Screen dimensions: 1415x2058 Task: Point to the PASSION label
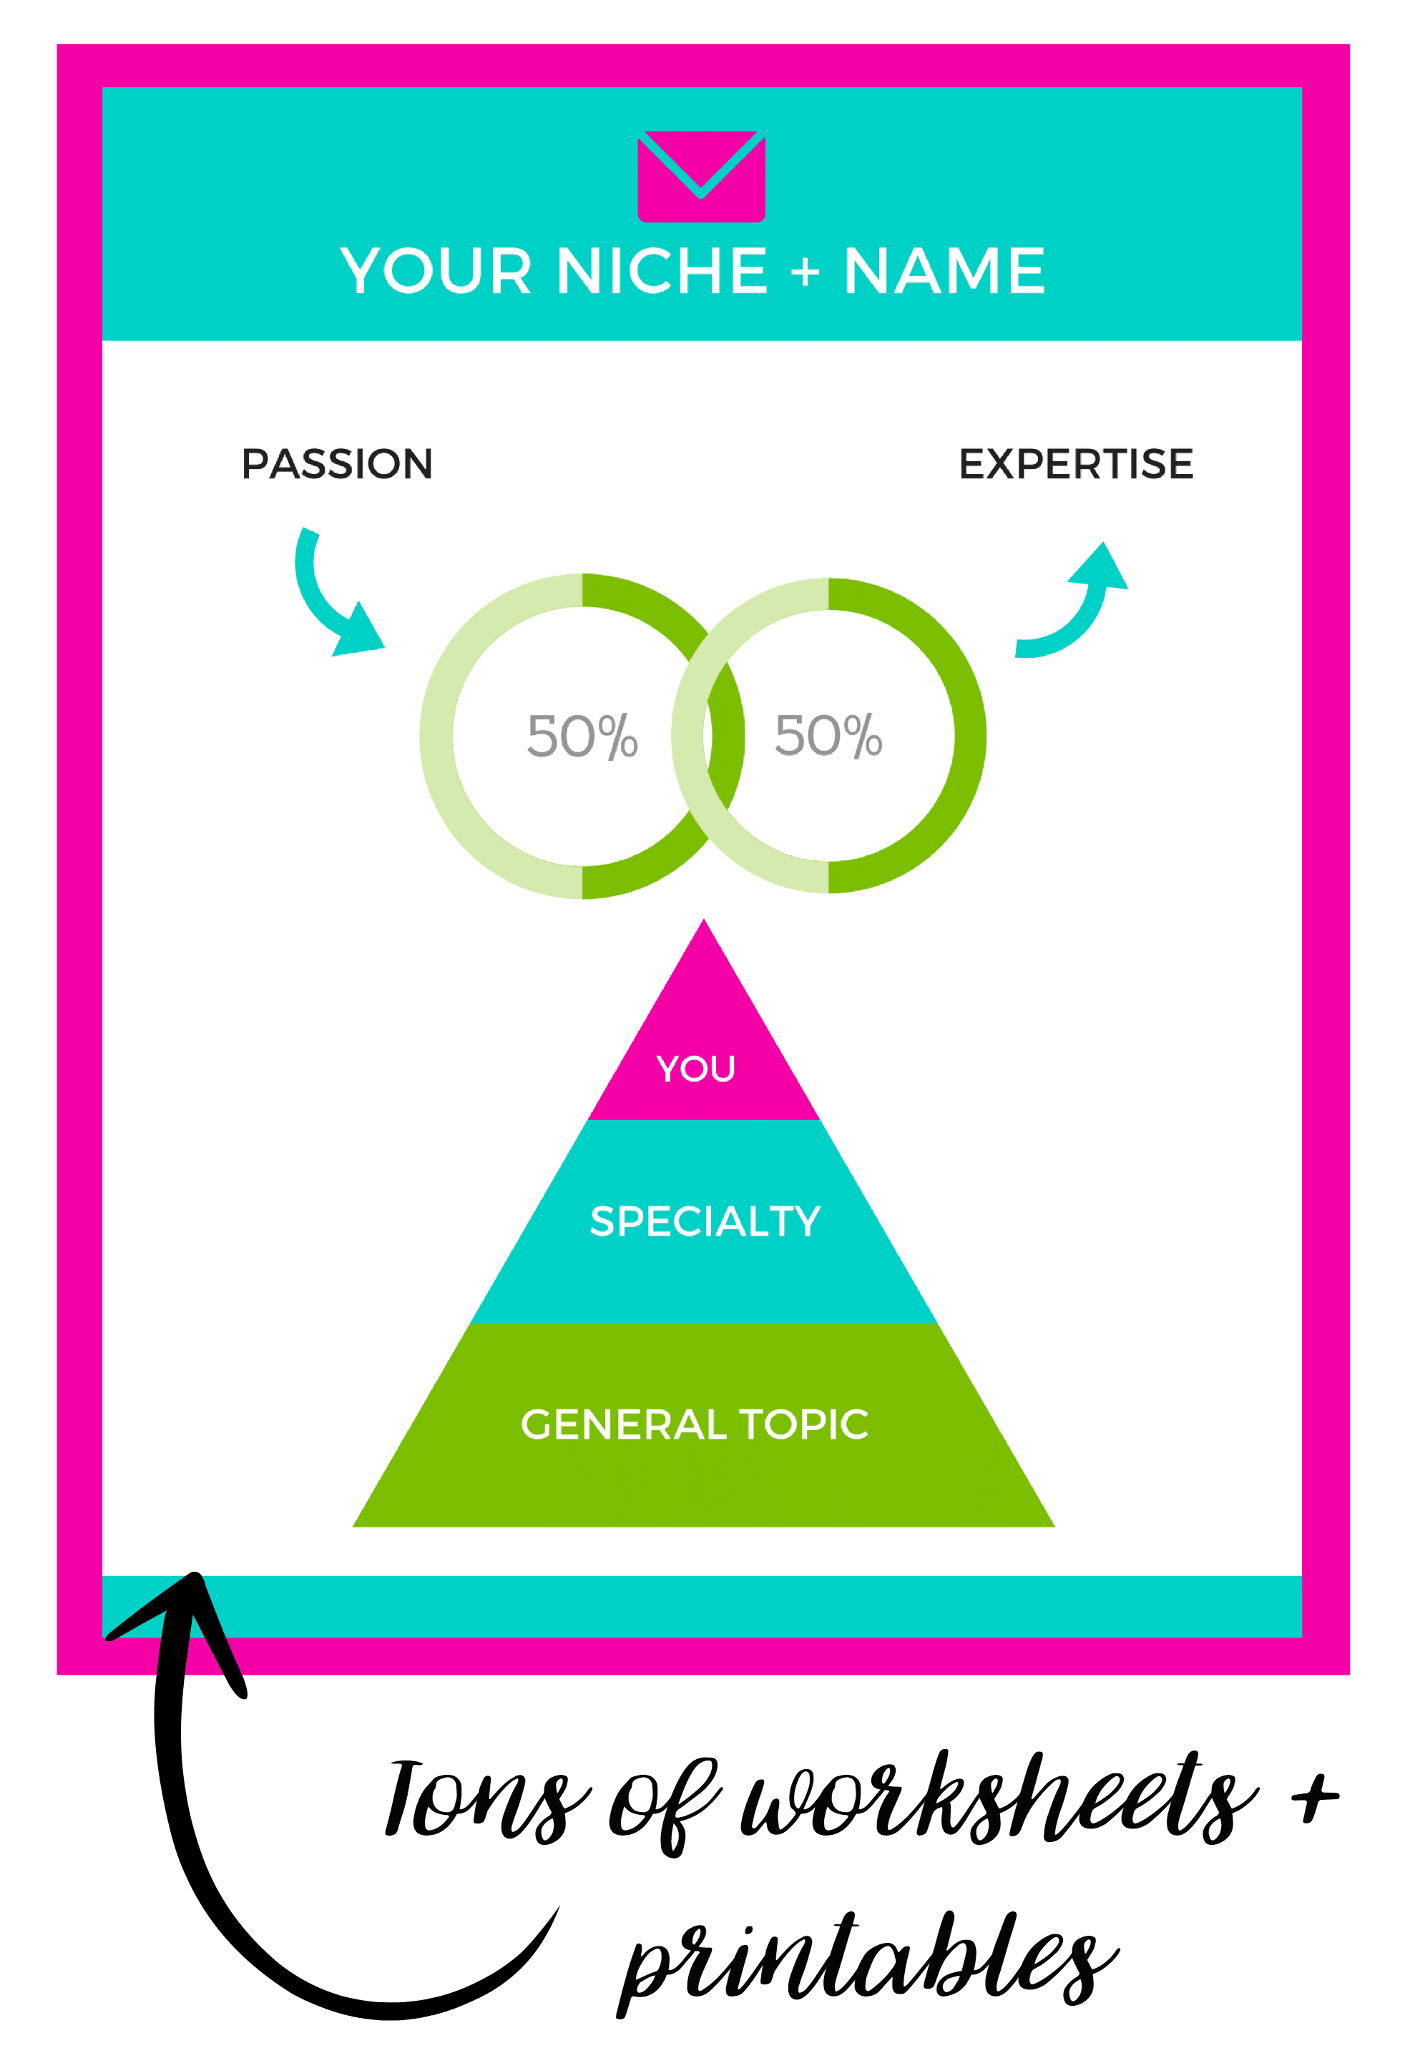pos(337,464)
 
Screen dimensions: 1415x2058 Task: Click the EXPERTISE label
pos(1077,464)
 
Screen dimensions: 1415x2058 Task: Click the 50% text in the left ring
pos(582,736)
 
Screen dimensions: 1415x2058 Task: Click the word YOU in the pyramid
pos(696,1069)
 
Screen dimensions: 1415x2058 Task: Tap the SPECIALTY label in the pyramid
pos(706,1221)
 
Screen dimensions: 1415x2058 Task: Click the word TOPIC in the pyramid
pos(804,1424)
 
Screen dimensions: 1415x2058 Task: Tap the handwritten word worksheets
pos(999,1799)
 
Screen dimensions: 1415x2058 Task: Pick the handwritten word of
pos(663,1808)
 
